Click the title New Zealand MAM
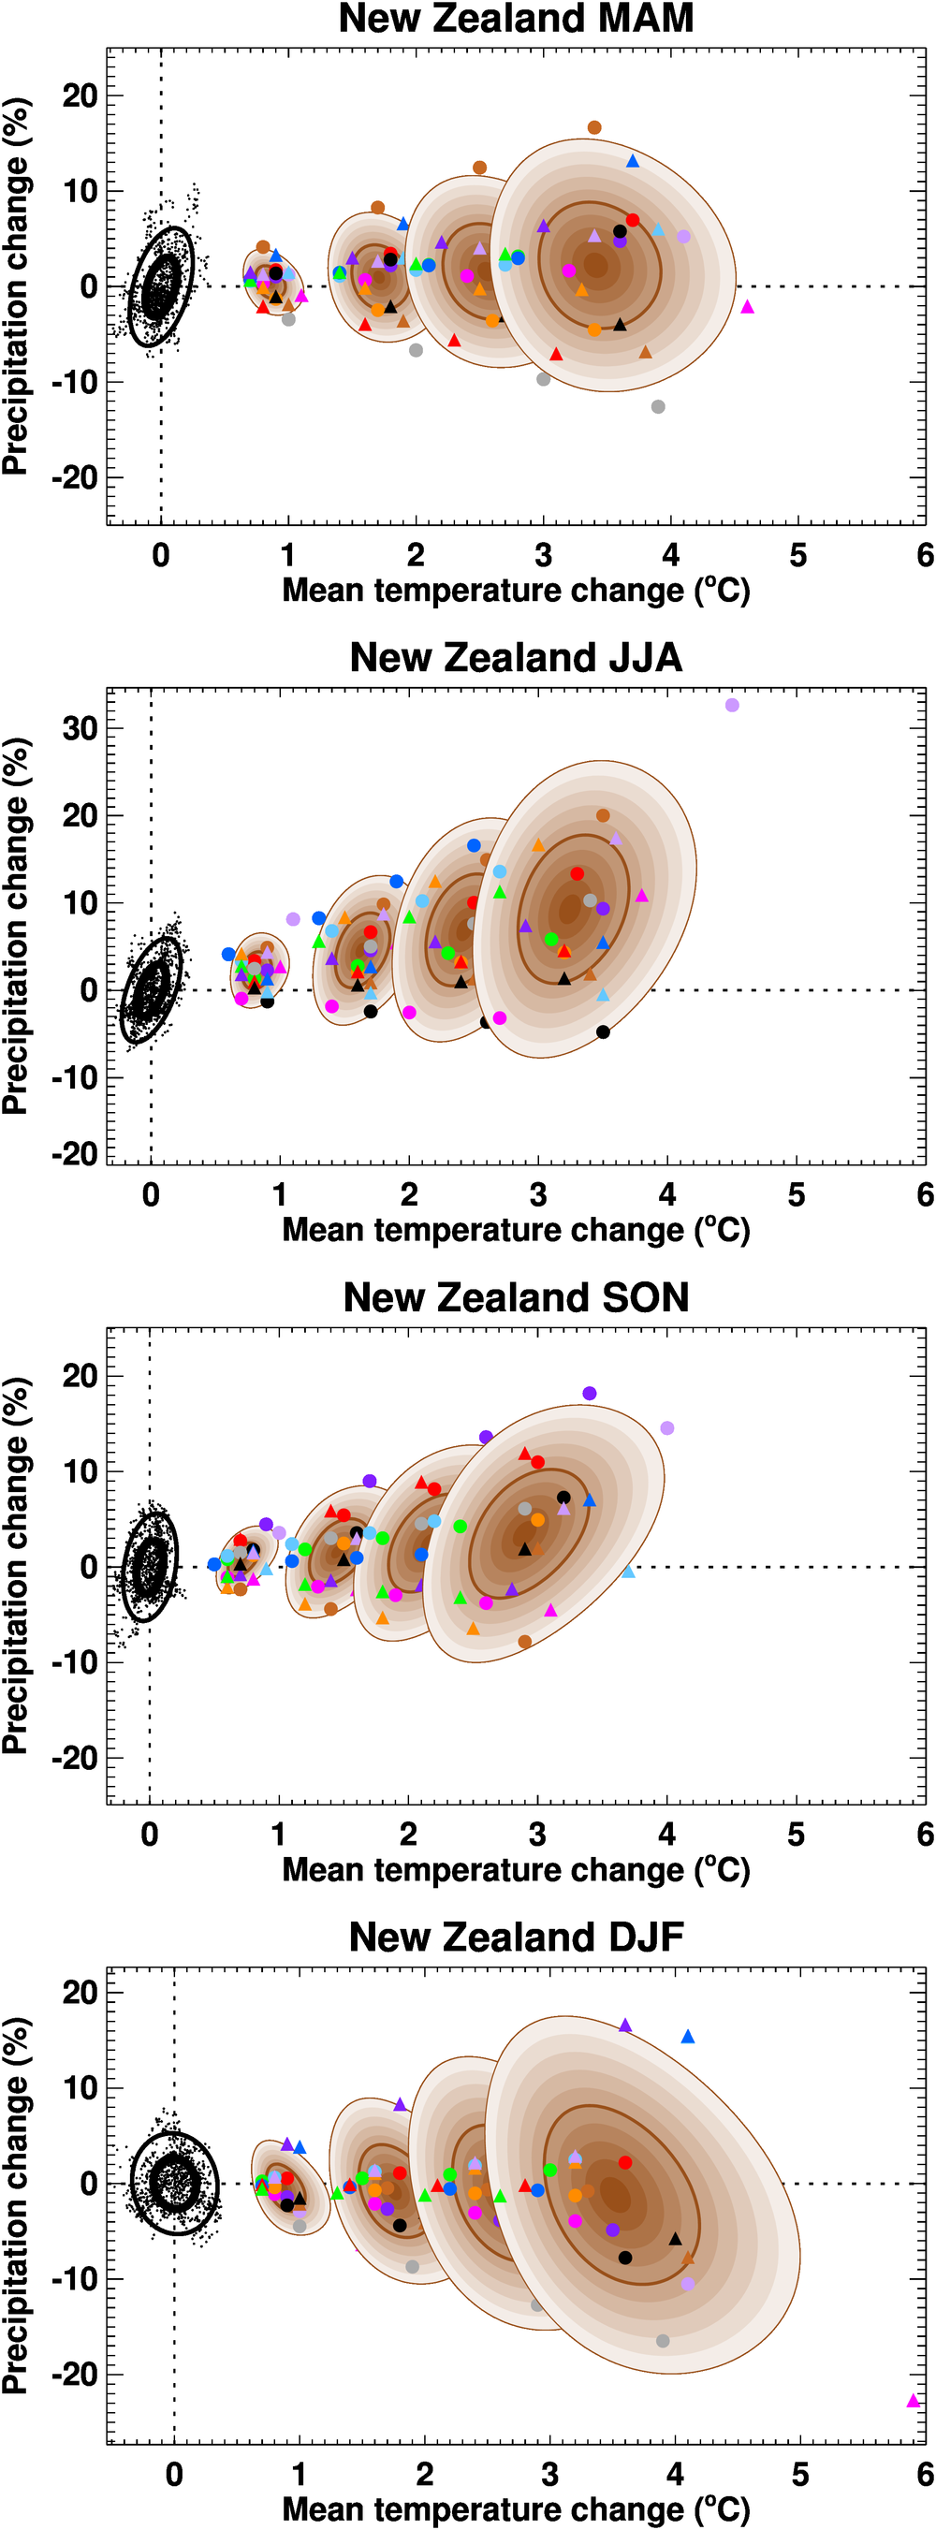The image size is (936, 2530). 516,19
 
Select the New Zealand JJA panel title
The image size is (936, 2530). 516,657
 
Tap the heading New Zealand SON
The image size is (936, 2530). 516,1297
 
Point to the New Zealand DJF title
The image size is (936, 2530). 516,1937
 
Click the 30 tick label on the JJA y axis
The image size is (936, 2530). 80,729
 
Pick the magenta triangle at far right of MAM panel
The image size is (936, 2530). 748,307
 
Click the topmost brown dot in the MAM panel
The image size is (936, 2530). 594,127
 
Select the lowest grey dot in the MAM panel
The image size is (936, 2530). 658,406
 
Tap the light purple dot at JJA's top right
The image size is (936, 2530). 732,705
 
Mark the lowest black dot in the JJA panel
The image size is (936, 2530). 603,1032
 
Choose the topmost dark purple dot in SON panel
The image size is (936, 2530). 590,1394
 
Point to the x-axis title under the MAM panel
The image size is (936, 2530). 516,592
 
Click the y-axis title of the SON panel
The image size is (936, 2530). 16,1566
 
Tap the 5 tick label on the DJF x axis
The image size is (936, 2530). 800,2475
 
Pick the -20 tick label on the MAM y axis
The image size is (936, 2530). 75,478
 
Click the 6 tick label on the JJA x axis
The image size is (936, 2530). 924,1195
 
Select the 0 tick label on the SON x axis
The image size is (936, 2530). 149,1835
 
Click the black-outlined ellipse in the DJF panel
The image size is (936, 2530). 175,2185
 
